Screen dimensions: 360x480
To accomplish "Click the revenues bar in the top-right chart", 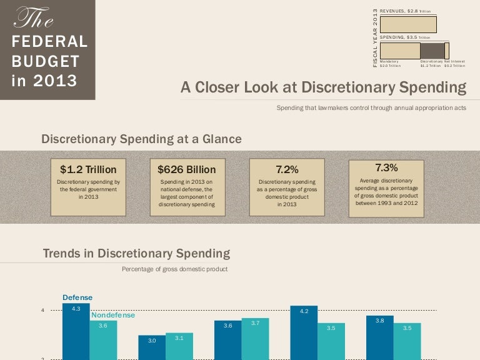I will coord(408,24).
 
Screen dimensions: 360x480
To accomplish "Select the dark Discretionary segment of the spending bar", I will coord(432,51).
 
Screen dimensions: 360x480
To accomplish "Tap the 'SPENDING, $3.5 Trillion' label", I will coord(405,37).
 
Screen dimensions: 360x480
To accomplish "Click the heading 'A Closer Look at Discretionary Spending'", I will coord(323,87).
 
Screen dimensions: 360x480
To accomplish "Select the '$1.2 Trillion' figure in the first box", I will coord(88,169).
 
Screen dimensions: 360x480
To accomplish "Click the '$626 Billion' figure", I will coord(186,169).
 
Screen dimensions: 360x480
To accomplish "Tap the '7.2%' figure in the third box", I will coord(287,169).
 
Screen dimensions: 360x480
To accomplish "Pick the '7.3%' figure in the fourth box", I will coord(386,167).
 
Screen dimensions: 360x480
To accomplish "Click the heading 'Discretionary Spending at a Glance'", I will coord(141,139).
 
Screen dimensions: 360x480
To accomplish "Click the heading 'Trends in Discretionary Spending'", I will coord(136,254).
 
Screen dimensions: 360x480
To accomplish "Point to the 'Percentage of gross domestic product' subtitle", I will coord(174,269).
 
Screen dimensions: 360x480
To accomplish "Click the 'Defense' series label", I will coord(77,297).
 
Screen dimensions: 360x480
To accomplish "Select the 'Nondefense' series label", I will coord(113,315).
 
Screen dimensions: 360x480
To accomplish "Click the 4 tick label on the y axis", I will coord(43,311).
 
